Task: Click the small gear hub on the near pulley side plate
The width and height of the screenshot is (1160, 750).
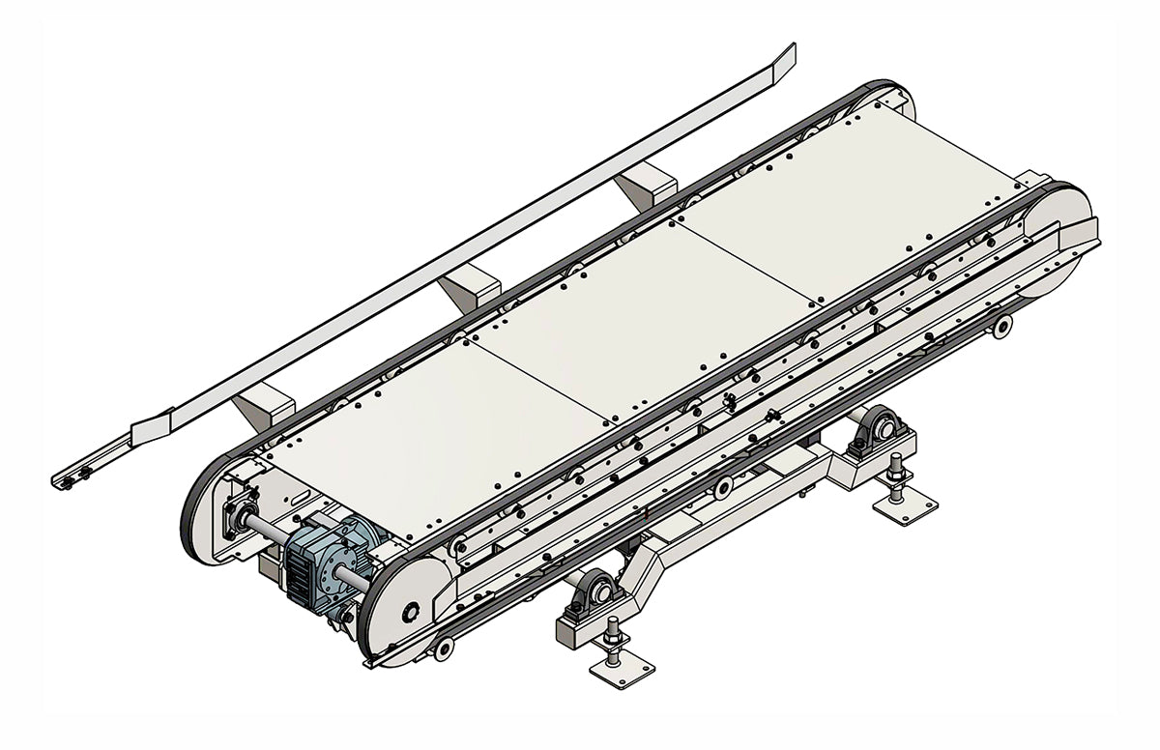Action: click(x=413, y=612)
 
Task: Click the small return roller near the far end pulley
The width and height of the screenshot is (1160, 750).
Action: click(x=1002, y=327)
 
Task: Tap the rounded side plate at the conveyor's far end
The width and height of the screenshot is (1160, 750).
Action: click(x=1058, y=242)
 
